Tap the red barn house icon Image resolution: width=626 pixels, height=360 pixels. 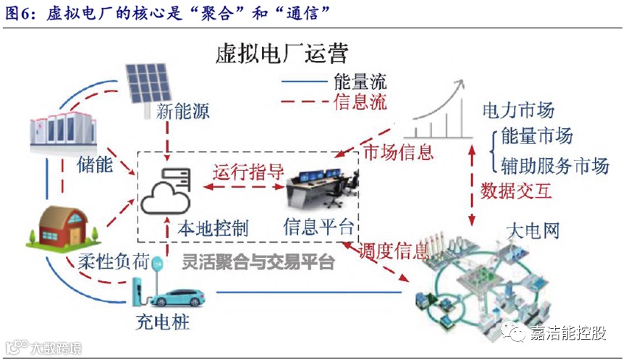(60, 227)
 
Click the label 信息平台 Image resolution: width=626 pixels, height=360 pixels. (318, 227)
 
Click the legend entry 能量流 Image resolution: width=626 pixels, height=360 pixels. (360, 80)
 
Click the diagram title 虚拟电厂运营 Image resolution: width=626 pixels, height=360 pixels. (282, 53)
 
